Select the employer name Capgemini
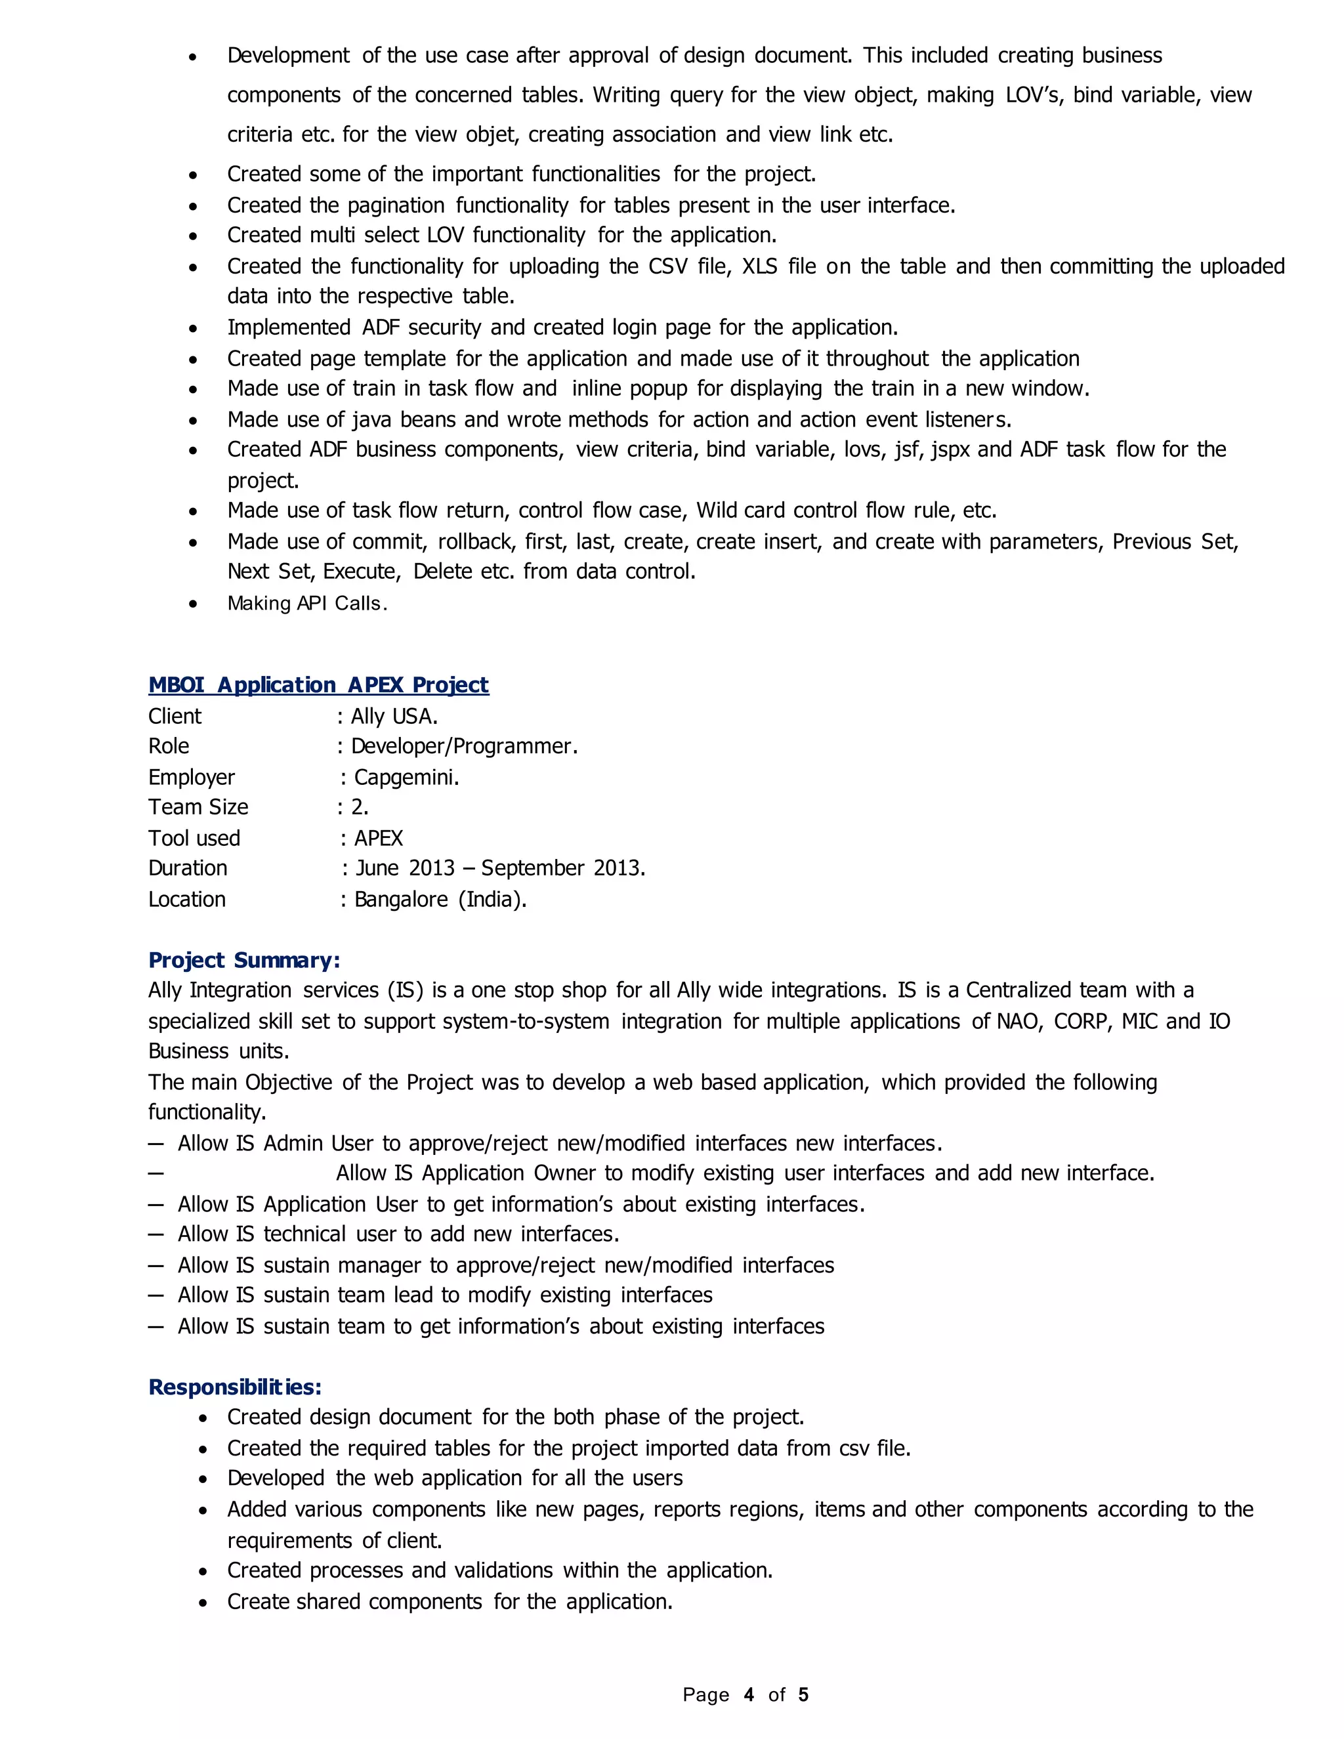pyautogui.click(x=406, y=777)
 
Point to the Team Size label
pyautogui.click(x=198, y=807)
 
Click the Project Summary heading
pyautogui.click(x=243, y=960)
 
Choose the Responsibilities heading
pyautogui.click(x=235, y=1387)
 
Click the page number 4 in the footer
pyautogui.click(x=748, y=1694)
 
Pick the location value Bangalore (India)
pyautogui.click(x=440, y=899)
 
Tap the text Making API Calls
pyautogui.click(x=307, y=603)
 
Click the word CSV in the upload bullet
pyautogui.click(x=668, y=266)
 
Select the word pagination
pyautogui.click(x=396, y=205)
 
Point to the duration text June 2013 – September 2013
pyautogui.click(x=500, y=868)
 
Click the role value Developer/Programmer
pyautogui.click(x=464, y=746)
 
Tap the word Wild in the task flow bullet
pyautogui.click(x=716, y=510)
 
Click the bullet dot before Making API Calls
pyautogui.click(x=193, y=604)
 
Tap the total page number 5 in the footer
pyautogui.click(x=803, y=1694)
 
